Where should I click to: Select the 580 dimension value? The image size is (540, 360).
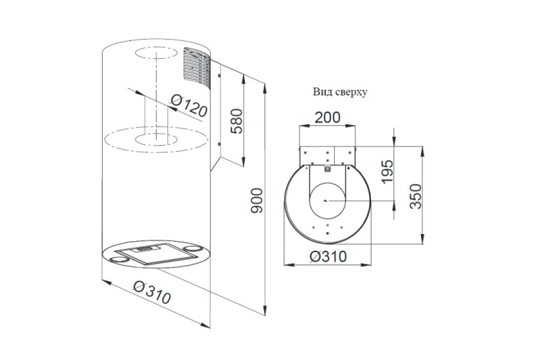[x=236, y=121]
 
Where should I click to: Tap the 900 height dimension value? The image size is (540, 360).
[x=256, y=201]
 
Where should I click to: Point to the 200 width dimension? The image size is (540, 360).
[x=328, y=117]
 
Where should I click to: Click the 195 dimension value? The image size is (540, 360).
[x=387, y=172]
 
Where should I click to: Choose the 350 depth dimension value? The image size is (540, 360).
[x=416, y=196]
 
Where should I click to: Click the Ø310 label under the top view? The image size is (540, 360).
[x=328, y=256]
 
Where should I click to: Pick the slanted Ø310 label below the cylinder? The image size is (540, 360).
[x=152, y=292]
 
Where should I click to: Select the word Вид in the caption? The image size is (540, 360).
[x=319, y=92]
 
